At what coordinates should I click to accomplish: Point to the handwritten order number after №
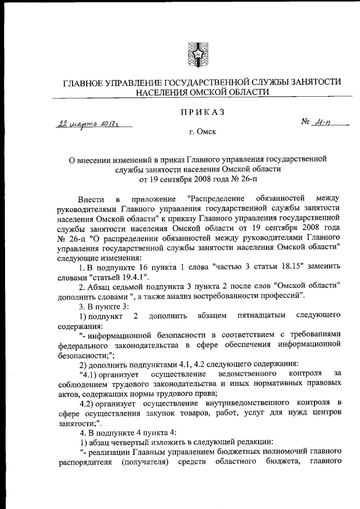click(325, 121)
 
